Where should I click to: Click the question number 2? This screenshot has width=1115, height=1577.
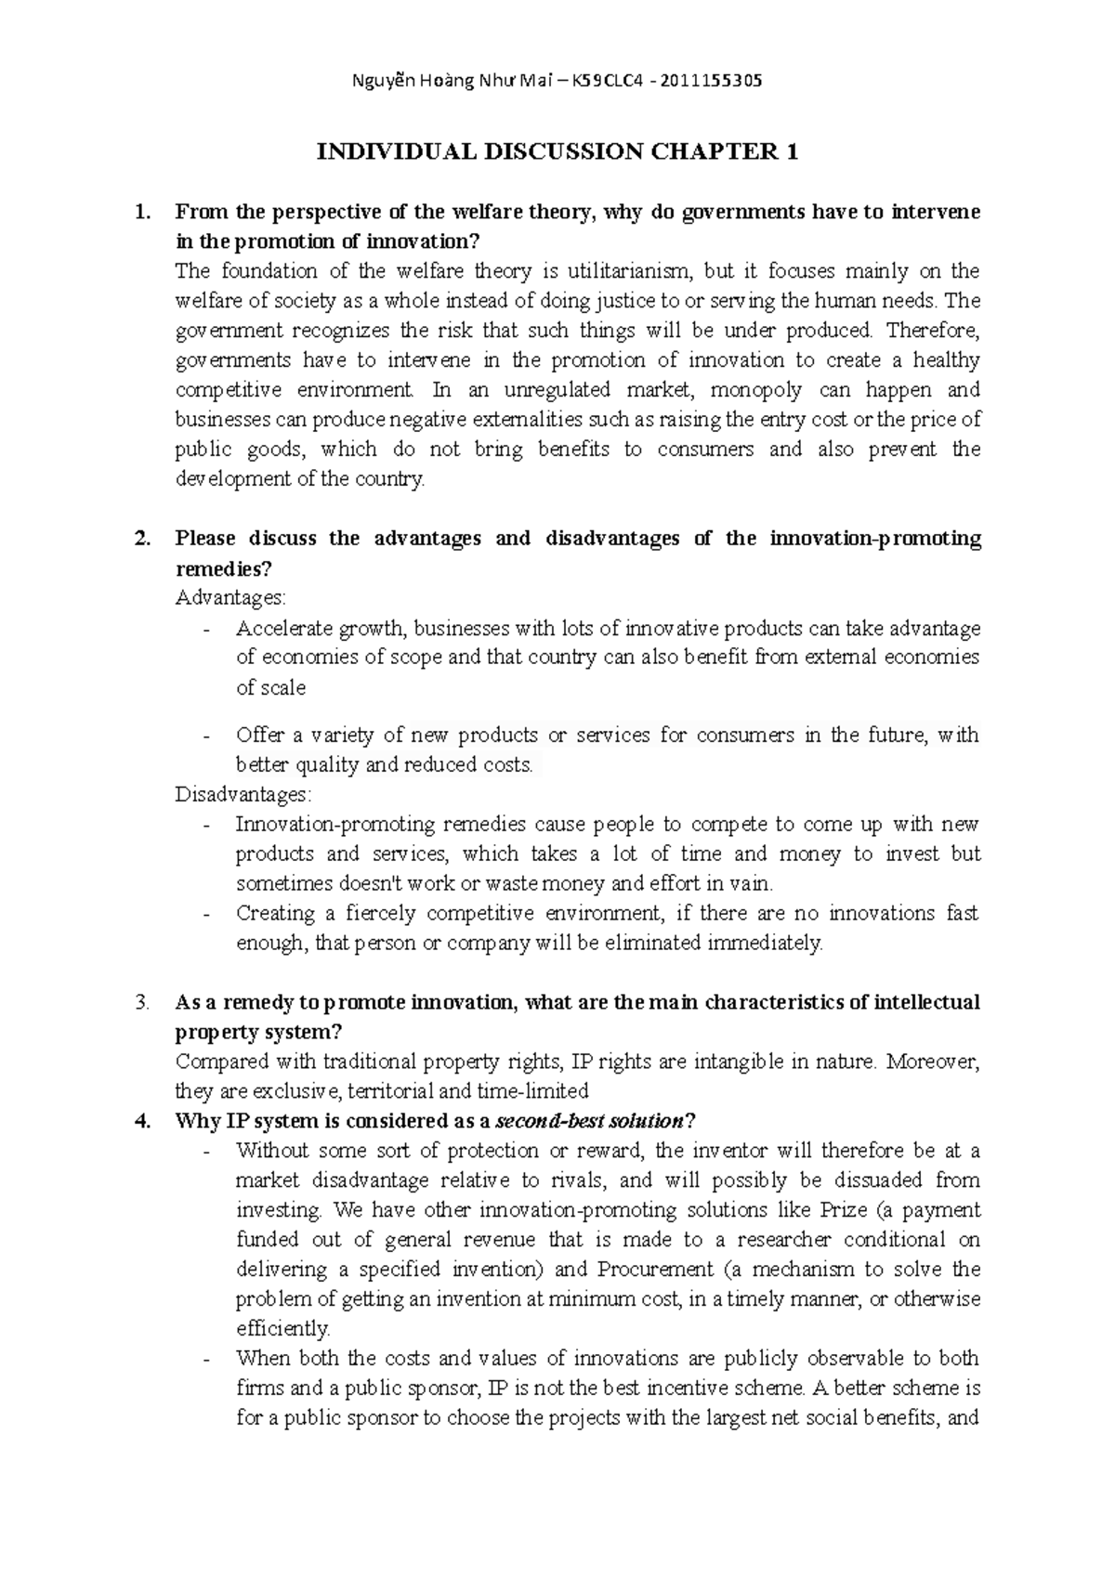pyautogui.click(x=141, y=539)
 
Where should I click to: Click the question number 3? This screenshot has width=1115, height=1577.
pyautogui.click(x=141, y=1003)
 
